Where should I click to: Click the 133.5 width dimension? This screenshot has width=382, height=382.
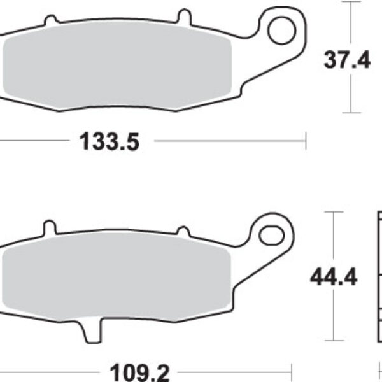click(x=110, y=141)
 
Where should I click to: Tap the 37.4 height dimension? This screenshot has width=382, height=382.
click(x=347, y=60)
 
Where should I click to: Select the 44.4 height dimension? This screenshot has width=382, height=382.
click(x=334, y=277)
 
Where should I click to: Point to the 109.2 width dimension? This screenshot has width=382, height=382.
click(x=139, y=372)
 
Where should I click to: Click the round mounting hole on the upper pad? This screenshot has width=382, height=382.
click(x=282, y=31)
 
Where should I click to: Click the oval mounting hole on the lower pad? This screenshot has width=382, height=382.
click(x=271, y=236)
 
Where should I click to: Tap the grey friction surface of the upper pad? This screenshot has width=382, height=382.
click(x=117, y=64)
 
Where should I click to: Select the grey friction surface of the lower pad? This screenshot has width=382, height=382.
click(x=117, y=276)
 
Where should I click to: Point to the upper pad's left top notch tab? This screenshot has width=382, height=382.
click(x=51, y=20)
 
